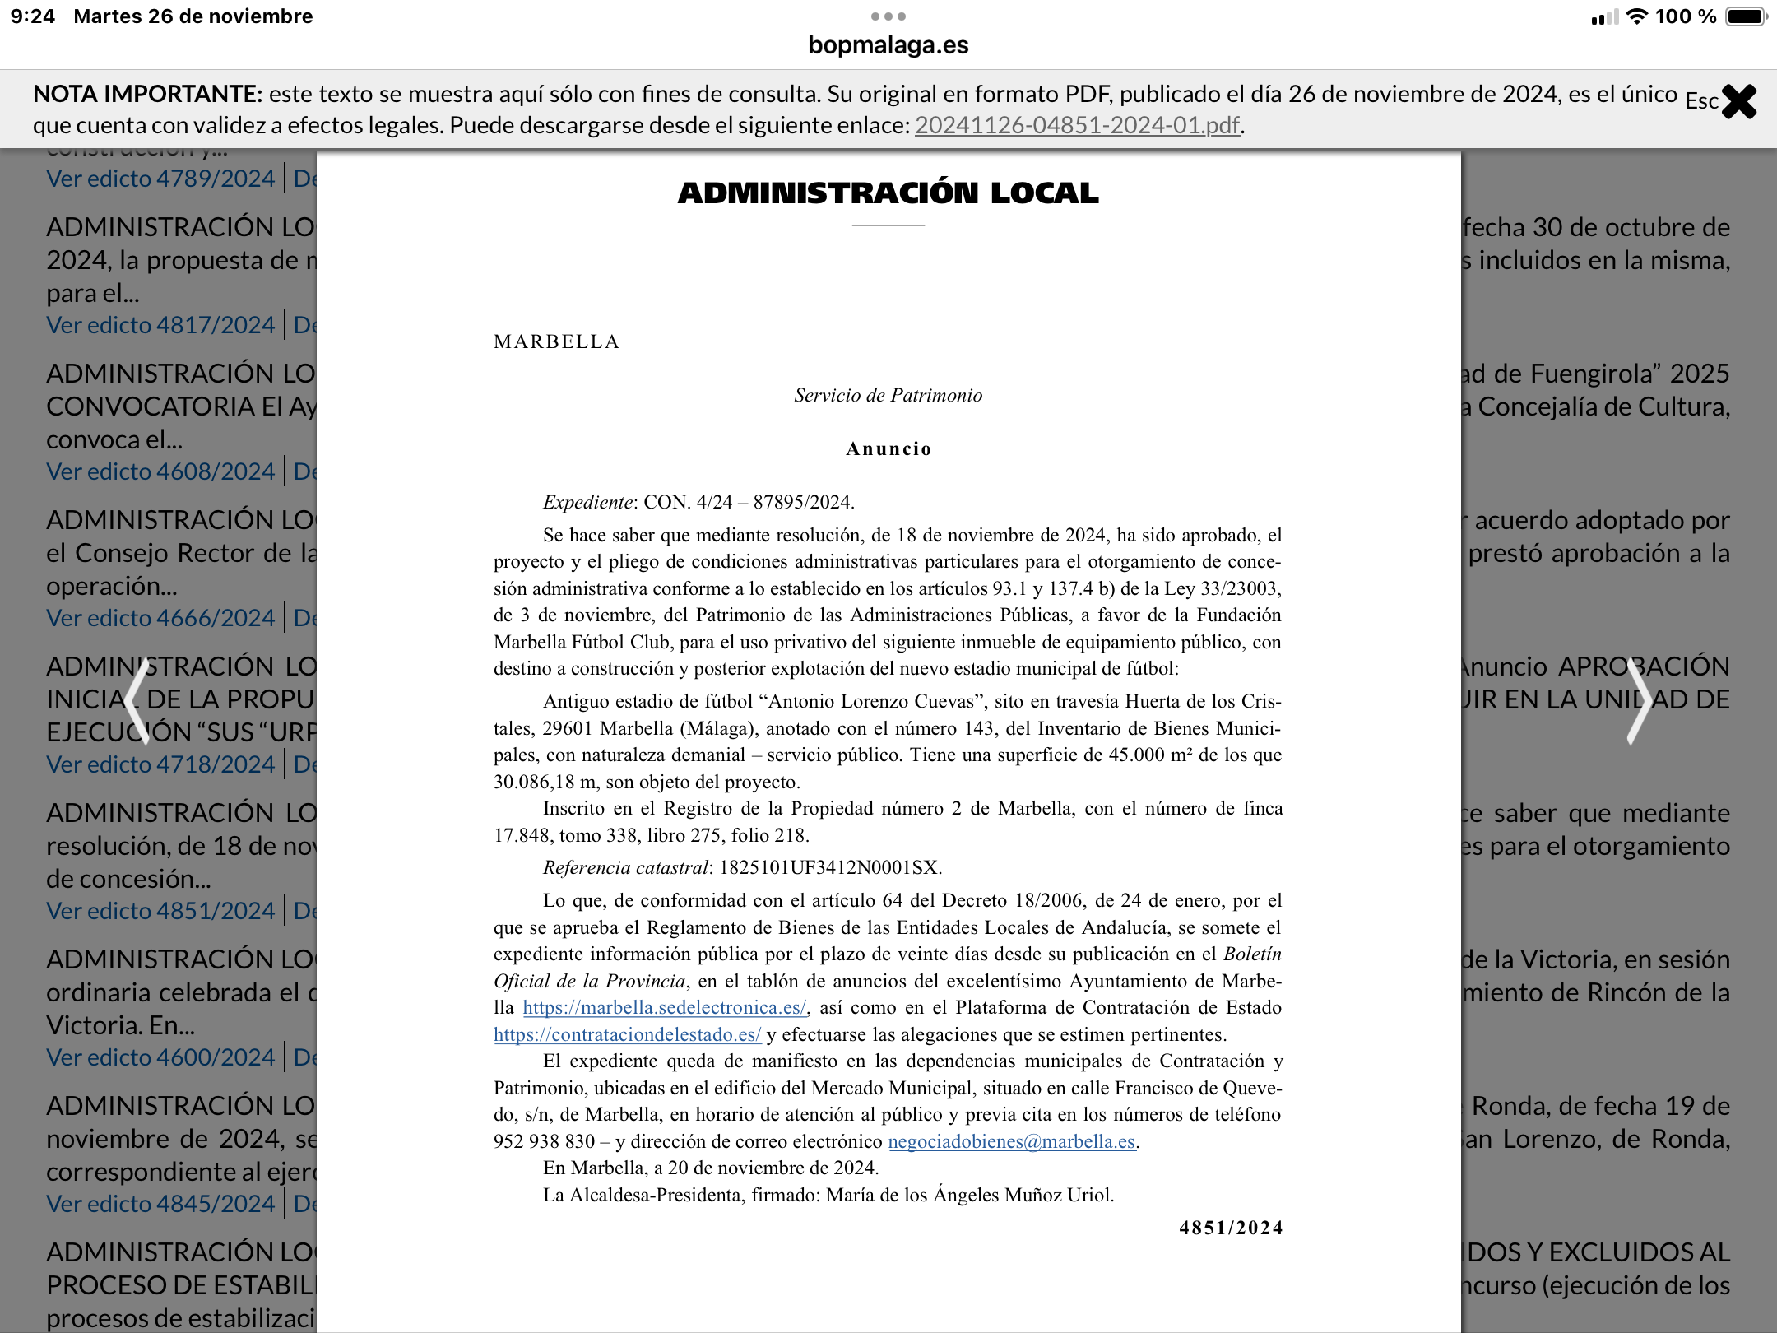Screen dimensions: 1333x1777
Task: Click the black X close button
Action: pyautogui.click(x=1738, y=102)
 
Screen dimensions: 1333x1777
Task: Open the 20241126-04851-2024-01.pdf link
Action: pyautogui.click(x=1077, y=125)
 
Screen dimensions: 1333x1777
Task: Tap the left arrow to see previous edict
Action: pyautogui.click(x=138, y=703)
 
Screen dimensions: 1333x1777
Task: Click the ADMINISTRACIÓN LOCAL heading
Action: pyautogui.click(x=888, y=193)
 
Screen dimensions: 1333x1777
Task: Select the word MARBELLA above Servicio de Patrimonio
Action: pyautogui.click(x=556, y=342)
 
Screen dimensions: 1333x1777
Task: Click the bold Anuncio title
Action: pyautogui.click(x=888, y=449)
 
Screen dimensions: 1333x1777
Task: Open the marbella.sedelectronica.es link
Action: pyautogui.click(x=665, y=1008)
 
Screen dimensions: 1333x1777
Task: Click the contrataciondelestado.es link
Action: pyautogui.click(x=627, y=1035)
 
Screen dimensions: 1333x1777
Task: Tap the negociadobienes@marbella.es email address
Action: pyautogui.click(x=1011, y=1142)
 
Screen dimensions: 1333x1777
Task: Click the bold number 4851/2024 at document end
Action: pyautogui.click(x=1231, y=1228)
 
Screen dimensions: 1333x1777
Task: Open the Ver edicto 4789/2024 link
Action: pyautogui.click(x=160, y=179)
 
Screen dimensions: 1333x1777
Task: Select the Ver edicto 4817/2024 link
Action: pyautogui.click(x=160, y=325)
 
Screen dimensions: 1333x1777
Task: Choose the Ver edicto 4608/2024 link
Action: pyautogui.click(x=160, y=471)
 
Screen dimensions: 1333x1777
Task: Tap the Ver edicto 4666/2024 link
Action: pyautogui.click(x=160, y=618)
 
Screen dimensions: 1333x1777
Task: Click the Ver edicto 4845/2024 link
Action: pyautogui.click(x=160, y=1204)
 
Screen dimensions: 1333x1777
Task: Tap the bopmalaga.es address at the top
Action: pyautogui.click(x=888, y=45)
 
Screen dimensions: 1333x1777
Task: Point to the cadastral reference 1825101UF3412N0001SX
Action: pyautogui.click(x=829, y=868)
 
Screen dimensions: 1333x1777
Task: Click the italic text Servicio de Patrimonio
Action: pyautogui.click(x=888, y=396)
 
